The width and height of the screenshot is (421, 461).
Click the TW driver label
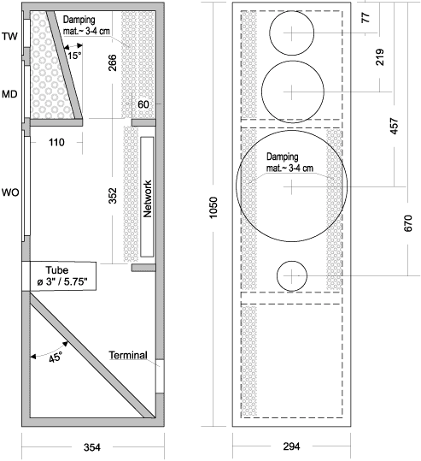point(9,37)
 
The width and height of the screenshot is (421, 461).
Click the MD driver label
point(9,94)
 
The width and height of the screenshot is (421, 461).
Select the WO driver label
point(10,192)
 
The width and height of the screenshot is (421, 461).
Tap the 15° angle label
point(74,56)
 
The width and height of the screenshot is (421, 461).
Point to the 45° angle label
point(56,358)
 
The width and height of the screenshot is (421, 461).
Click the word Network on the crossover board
point(148,198)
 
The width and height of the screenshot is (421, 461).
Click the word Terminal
point(128,355)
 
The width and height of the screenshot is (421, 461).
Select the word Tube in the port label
point(57,270)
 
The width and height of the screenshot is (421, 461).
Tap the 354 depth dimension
point(92,447)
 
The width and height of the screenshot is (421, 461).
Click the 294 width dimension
point(291,446)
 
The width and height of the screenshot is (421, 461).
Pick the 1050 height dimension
point(213,207)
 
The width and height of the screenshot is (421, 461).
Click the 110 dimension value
point(56,142)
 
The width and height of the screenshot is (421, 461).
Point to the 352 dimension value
point(113,196)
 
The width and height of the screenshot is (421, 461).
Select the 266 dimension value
point(113,62)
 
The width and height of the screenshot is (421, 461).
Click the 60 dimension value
point(143,104)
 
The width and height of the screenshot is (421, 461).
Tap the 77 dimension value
point(365,17)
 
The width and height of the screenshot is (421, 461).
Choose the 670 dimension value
point(408,223)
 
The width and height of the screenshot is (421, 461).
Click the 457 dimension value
point(395,126)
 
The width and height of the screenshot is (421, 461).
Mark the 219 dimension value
point(380,57)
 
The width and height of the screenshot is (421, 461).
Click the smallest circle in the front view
point(292,261)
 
